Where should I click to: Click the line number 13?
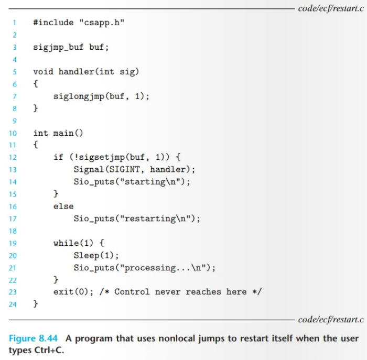[x=13, y=169]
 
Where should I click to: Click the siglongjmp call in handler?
[x=79, y=96]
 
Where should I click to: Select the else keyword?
[x=63, y=206]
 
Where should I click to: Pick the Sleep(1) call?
[x=96, y=255]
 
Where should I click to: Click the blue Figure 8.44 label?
[x=31, y=338]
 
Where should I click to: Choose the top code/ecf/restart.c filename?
[x=330, y=8]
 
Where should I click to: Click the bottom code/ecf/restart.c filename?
[x=330, y=320]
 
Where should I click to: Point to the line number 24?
[x=13, y=304]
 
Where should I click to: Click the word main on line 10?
[x=63, y=133]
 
